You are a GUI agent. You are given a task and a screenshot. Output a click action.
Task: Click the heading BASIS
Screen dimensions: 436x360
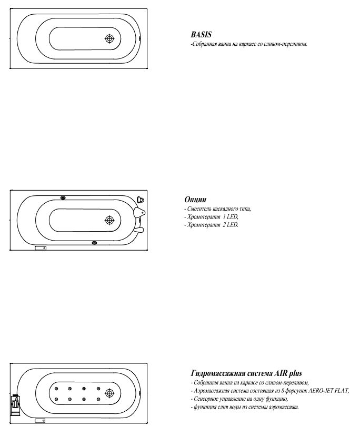point(201,35)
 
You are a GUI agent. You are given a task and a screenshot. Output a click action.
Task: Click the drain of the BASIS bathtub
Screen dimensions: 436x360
point(109,39)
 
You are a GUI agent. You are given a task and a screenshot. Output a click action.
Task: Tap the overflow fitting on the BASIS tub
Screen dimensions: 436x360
point(139,38)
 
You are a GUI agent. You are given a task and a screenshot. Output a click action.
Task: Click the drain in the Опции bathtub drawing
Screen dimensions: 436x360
point(109,220)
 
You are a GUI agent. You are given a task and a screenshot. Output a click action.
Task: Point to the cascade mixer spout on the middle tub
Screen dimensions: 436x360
point(139,212)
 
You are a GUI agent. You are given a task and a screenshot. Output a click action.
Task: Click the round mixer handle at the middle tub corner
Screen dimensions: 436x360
point(141,200)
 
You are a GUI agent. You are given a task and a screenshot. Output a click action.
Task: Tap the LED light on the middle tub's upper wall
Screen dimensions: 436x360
point(63,198)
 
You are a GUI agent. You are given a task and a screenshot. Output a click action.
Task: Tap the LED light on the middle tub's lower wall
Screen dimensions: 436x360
point(94,243)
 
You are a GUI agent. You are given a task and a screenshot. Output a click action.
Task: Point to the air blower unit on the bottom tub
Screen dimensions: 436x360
point(15,406)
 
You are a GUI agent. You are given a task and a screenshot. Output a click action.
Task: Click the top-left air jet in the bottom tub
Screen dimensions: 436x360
point(56,389)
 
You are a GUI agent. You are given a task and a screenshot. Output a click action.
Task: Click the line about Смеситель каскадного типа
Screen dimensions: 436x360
point(217,209)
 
